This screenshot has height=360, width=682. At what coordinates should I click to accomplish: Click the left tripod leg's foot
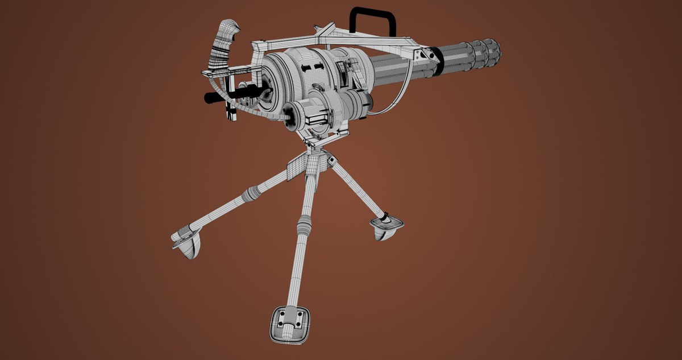point(186,242)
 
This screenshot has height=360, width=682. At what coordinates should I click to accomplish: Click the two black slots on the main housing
point(314,68)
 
